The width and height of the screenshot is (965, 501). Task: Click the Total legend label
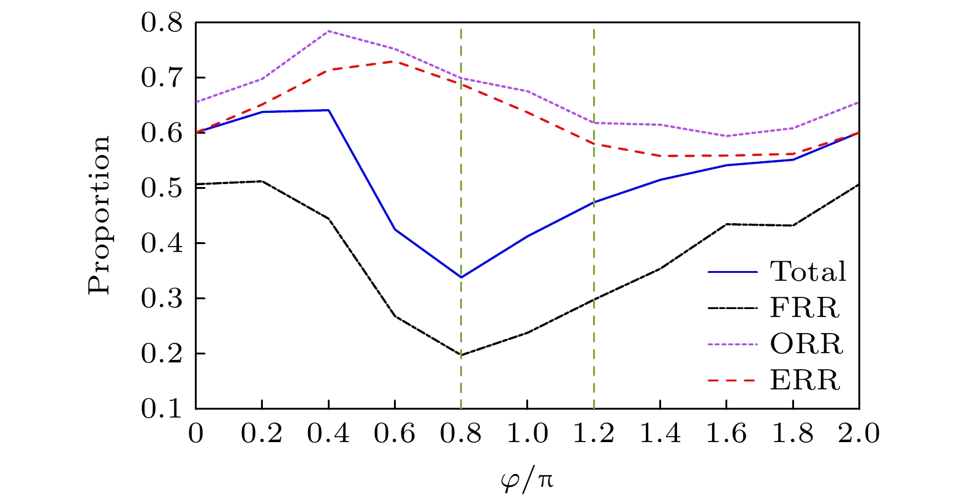[x=808, y=272]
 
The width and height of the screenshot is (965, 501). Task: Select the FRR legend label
[x=804, y=308]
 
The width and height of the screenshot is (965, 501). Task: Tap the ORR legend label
[x=806, y=344]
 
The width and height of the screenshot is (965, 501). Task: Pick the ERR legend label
[x=805, y=381]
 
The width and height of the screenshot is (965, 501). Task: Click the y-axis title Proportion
[x=100, y=215]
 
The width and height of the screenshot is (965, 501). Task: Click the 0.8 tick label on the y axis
[x=162, y=23]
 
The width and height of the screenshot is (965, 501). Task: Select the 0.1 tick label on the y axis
[x=162, y=409]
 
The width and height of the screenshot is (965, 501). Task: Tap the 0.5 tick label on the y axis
[x=162, y=188]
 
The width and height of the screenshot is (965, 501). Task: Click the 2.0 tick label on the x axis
[x=860, y=434]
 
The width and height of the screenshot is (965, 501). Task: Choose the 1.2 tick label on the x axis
[x=594, y=434]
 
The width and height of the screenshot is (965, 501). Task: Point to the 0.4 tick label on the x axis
[x=328, y=434]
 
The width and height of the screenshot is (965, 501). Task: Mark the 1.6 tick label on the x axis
[x=727, y=434]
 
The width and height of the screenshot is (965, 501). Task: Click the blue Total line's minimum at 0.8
[x=461, y=277]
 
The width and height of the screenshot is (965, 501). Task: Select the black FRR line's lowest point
[x=461, y=355]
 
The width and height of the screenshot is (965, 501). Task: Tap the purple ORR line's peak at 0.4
[x=328, y=31]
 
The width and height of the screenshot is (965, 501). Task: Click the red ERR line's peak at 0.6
[x=395, y=61]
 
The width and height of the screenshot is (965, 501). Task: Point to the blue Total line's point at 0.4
[x=328, y=110]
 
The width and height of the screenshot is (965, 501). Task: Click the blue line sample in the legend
[x=733, y=272]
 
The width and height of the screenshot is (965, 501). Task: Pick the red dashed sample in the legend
[x=733, y=381]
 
